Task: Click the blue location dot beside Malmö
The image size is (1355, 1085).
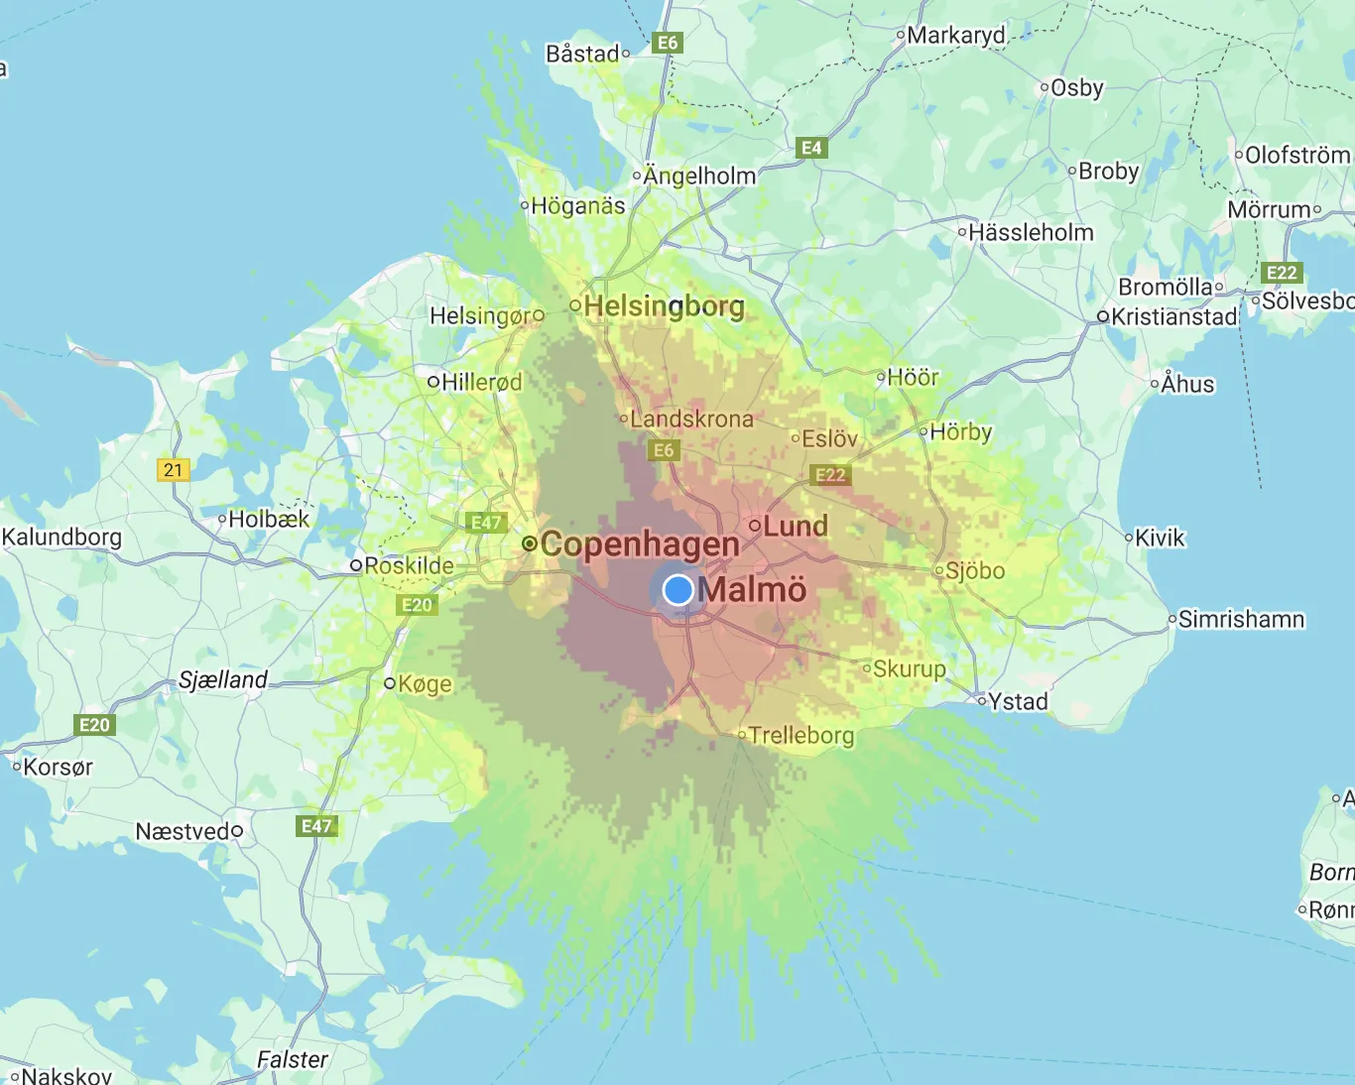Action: (x=677, y=590)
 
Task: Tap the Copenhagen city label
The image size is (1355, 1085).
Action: (x=640, y=543)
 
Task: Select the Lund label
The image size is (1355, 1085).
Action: (x=795, y=526)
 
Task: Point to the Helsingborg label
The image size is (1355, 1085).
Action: (x=664, y=305)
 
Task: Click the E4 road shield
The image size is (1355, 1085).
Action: (x=811, y=148)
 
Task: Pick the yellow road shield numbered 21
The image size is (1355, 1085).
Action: (x=174, y=470)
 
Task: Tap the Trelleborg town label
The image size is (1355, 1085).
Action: (x=801, y=735)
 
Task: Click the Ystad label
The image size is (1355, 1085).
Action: (x=1018, y=701)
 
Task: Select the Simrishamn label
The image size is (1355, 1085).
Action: (x=1241, y=619)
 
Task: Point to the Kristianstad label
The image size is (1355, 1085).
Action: (x=1174, y=316)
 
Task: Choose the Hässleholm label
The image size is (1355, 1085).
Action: (x=1031, y=232)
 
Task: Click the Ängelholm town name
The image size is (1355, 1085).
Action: (x=699, y=176)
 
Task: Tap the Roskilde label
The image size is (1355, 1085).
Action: (x=409, y=565)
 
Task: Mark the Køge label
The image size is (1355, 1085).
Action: (x=425, y=683)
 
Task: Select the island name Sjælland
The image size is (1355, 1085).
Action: (x=223, y=679)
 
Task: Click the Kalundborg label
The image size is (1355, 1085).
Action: (x=62, y=537)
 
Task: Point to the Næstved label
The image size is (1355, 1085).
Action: (x=184, y=831)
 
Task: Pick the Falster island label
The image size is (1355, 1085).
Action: (x=292, y=1059)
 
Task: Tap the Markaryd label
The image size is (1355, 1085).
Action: (x=955, y=36)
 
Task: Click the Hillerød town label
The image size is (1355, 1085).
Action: (x=481, y=382)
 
